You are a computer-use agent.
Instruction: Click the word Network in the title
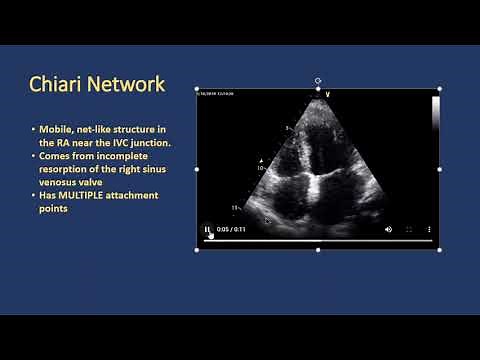pos(125,84)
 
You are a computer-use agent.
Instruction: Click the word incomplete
pos(124,156)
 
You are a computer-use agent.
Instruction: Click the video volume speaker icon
pos(389,229)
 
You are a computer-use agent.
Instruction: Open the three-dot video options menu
pos(429,229)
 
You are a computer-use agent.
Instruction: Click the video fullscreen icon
pos(409,229)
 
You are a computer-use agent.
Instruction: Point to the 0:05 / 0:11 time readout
pos(231,229)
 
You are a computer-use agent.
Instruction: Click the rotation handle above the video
pos(318,80)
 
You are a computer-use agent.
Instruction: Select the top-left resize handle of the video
pos(197,90)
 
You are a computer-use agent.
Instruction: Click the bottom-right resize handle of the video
pos(440,249)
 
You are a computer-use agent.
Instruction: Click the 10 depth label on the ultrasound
pos(262,169)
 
